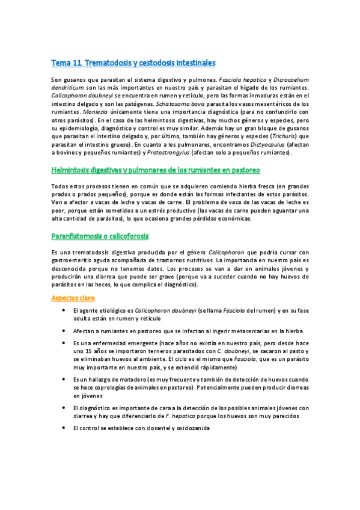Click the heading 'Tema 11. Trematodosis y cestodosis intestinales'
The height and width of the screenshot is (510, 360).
point(133,63)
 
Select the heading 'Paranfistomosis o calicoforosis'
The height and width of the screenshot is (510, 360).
point(100,236)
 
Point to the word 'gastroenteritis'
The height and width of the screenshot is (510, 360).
point(72,260)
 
